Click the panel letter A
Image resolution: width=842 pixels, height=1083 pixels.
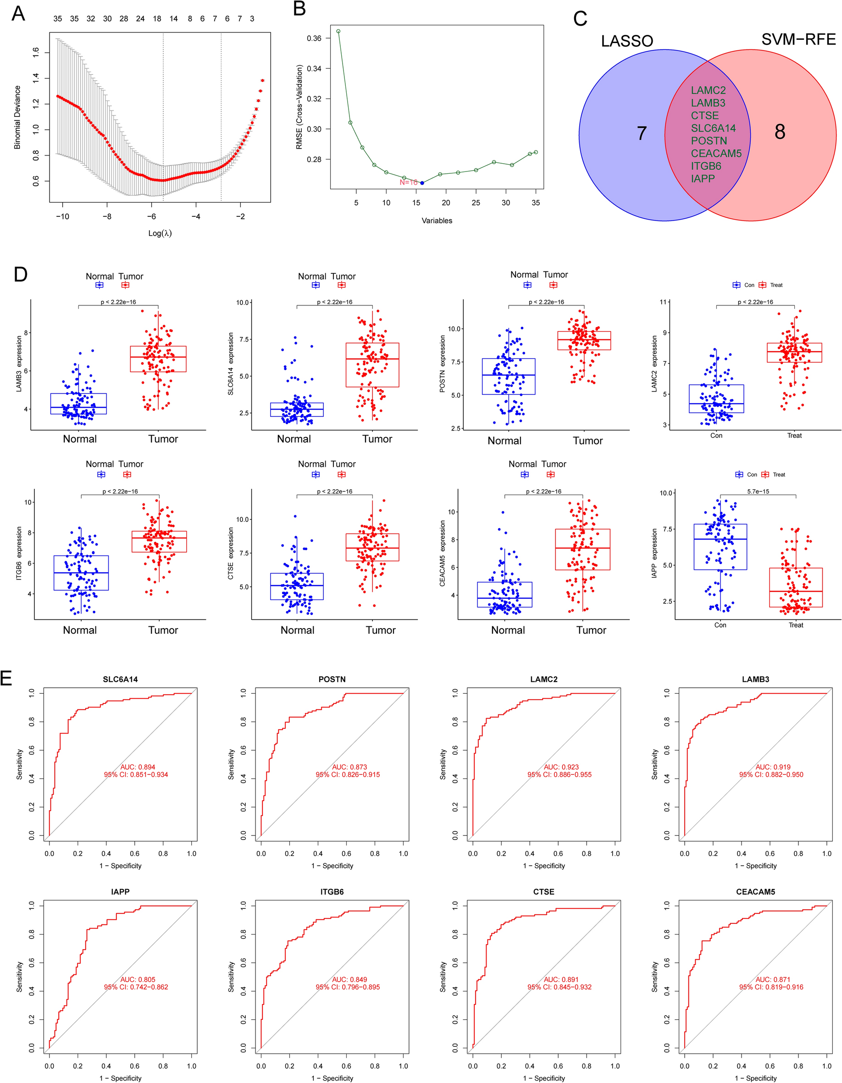point(18,14)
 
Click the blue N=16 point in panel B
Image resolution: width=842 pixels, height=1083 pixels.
point(422,183)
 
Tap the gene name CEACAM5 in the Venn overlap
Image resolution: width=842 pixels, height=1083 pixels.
point(716,154)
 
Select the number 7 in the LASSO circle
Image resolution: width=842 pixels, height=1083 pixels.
point(642,133)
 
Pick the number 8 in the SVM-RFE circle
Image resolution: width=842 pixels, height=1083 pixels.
point(780,132)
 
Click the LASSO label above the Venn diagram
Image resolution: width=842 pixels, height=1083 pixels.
point(627,41)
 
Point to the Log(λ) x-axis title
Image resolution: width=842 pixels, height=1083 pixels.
point(160,233)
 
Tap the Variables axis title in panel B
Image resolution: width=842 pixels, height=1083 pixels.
point(437,221)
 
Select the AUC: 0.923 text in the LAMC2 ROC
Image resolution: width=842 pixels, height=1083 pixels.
point(561,767)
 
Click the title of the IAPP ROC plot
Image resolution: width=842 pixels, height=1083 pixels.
point(120,892)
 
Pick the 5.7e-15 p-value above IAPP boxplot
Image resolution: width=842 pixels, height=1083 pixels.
point(758,492)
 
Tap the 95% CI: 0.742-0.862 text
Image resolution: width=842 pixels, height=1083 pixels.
point(136,987)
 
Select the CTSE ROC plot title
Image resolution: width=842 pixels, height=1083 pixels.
point(543,892)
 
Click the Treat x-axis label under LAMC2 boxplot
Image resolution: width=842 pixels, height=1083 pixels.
point(794,436)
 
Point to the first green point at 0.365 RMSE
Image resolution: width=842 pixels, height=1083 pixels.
point(338,31)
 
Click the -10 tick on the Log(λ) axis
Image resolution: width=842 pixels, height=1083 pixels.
point(62,217)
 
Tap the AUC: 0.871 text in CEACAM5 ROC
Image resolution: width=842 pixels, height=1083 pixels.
point(773,979)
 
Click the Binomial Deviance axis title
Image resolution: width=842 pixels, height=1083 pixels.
point(17,117)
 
